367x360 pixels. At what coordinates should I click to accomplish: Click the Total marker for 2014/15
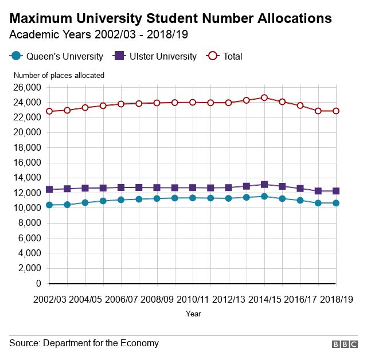[264, 97]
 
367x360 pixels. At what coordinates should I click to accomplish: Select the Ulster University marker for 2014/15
[264, 185]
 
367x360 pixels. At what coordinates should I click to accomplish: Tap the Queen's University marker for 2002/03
[49, 205]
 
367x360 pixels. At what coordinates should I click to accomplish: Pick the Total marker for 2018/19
[336, 111]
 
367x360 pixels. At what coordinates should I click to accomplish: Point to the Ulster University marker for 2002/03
[49, 189]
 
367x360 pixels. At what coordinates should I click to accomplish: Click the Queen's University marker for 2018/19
[336, 203]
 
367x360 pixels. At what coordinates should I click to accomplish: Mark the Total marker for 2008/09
[157, 103]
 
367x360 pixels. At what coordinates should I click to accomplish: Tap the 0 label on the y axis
[38, 283]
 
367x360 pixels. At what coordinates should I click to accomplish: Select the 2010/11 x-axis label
[193, 299]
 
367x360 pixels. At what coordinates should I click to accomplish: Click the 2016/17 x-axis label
[300, 299]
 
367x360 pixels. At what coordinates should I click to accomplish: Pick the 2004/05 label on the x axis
[85, 299]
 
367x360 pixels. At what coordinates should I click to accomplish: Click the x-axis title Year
[193, 314]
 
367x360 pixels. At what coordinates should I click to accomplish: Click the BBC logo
[344, 344]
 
